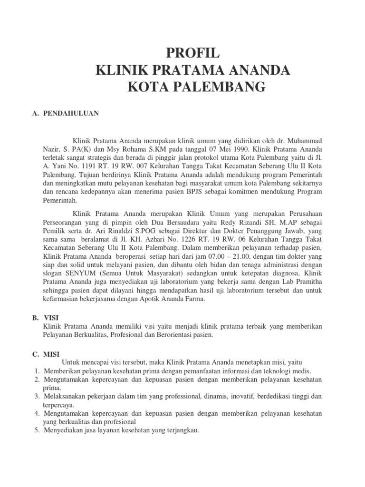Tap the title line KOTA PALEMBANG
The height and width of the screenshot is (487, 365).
[192, 88]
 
